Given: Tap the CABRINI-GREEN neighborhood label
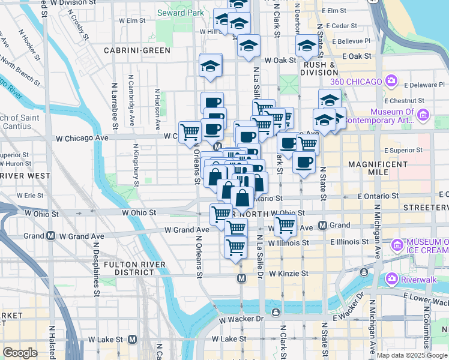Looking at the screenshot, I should pos(137,50).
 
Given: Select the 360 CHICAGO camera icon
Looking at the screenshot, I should pos(391,81).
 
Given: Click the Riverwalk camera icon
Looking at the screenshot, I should pos(391,278).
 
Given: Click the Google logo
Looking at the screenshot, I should pos(20,353).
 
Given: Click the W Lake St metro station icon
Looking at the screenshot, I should pos(132,340).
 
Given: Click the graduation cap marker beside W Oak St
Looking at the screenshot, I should pos(248,46).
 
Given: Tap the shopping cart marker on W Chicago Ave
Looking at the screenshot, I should pos(190,132).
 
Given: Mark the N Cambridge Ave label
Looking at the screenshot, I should pos(131,100).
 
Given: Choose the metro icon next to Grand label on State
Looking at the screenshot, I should pos(322,226).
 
